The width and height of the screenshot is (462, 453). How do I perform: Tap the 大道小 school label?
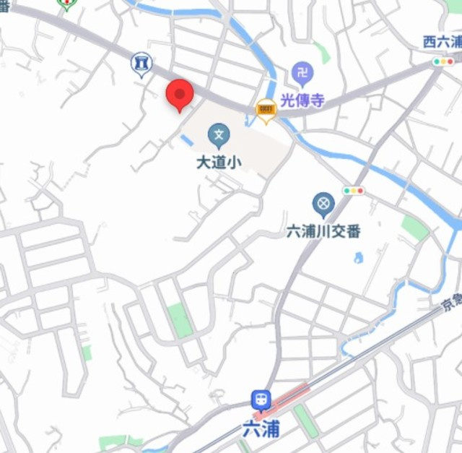pos(218,163)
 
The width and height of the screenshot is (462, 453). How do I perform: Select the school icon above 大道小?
pos(218,134)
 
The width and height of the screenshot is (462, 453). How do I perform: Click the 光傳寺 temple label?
pos(303,100)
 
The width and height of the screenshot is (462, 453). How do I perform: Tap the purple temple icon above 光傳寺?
pos(302,73)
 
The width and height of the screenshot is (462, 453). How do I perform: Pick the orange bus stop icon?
pos(266,110)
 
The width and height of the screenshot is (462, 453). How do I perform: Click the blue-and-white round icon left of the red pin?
pos(141,65)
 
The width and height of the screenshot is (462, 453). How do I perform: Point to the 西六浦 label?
pos(442,42)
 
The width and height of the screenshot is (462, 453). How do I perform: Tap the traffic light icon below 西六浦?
pos(441,63)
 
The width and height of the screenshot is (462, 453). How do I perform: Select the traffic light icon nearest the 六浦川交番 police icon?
pos(354,191)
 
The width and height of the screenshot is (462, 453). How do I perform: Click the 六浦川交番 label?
pos(323,231)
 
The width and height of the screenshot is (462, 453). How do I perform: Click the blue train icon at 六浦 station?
pos(260,399)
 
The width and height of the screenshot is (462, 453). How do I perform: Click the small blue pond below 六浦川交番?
pos(358,257)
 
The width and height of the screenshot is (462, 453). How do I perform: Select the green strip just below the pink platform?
pos(306,420)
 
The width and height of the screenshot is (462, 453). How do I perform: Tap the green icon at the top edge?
pos(67,4)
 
